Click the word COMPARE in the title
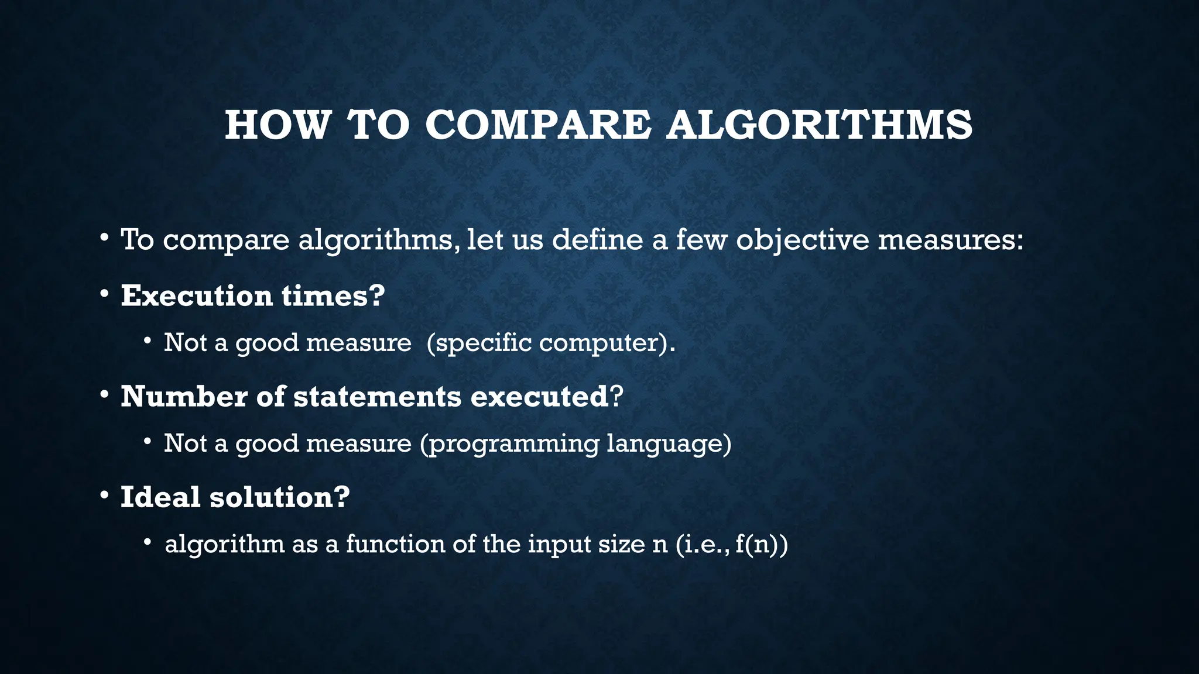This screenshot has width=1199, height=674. click(537, 125)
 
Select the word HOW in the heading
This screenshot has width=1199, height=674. click(278, 125)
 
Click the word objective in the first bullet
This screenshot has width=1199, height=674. click(802, 240)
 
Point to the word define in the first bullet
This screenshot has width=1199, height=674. click(597, 239)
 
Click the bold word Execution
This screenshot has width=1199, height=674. click(197, 295)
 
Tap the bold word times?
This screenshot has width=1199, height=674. click(333, 295)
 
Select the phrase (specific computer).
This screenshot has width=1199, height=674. click(551, 343)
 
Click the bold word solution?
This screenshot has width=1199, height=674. click(280, 497)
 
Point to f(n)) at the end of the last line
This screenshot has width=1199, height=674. click(762, 545)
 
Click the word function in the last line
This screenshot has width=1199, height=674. click(395, 544)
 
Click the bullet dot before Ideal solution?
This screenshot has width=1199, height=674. click(104, 496)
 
